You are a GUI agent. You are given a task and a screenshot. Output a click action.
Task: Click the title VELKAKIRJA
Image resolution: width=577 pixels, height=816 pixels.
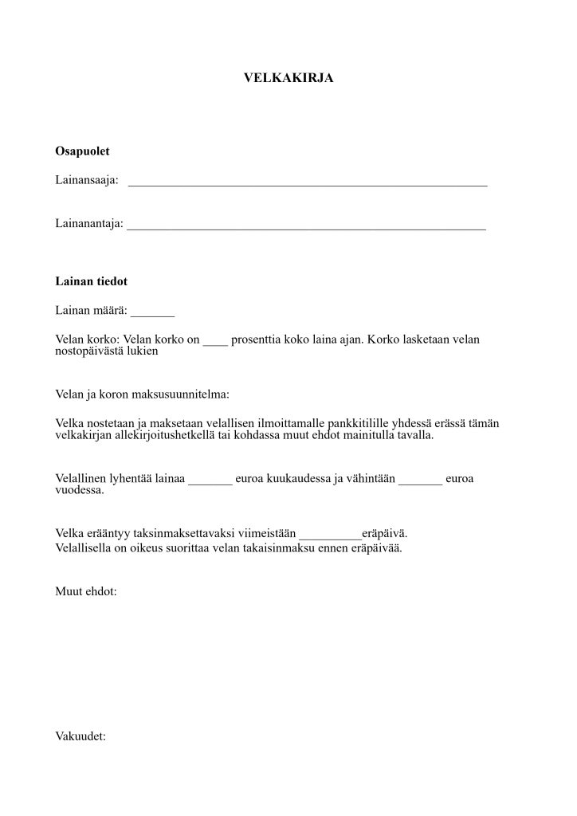point(288,78)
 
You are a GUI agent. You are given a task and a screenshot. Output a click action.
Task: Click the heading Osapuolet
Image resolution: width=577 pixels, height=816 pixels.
point(82,151)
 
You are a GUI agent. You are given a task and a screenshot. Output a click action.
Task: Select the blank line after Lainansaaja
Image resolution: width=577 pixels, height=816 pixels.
point(308,182)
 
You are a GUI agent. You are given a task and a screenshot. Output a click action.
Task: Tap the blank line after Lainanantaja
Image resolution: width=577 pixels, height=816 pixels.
point(306,226)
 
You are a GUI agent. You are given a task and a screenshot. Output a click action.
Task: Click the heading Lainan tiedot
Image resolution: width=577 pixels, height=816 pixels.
point(91,281)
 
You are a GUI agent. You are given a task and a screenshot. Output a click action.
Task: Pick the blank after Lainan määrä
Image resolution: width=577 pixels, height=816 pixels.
point(152,312)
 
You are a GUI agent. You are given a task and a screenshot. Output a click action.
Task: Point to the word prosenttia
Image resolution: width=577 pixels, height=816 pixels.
point(257,339)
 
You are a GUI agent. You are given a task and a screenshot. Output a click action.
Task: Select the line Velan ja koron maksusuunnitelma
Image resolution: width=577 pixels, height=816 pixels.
point(142,394)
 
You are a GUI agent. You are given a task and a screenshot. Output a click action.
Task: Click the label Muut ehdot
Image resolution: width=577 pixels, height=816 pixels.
point(86,593)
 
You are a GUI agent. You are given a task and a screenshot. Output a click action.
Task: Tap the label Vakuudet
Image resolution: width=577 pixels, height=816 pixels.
point(80,736)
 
